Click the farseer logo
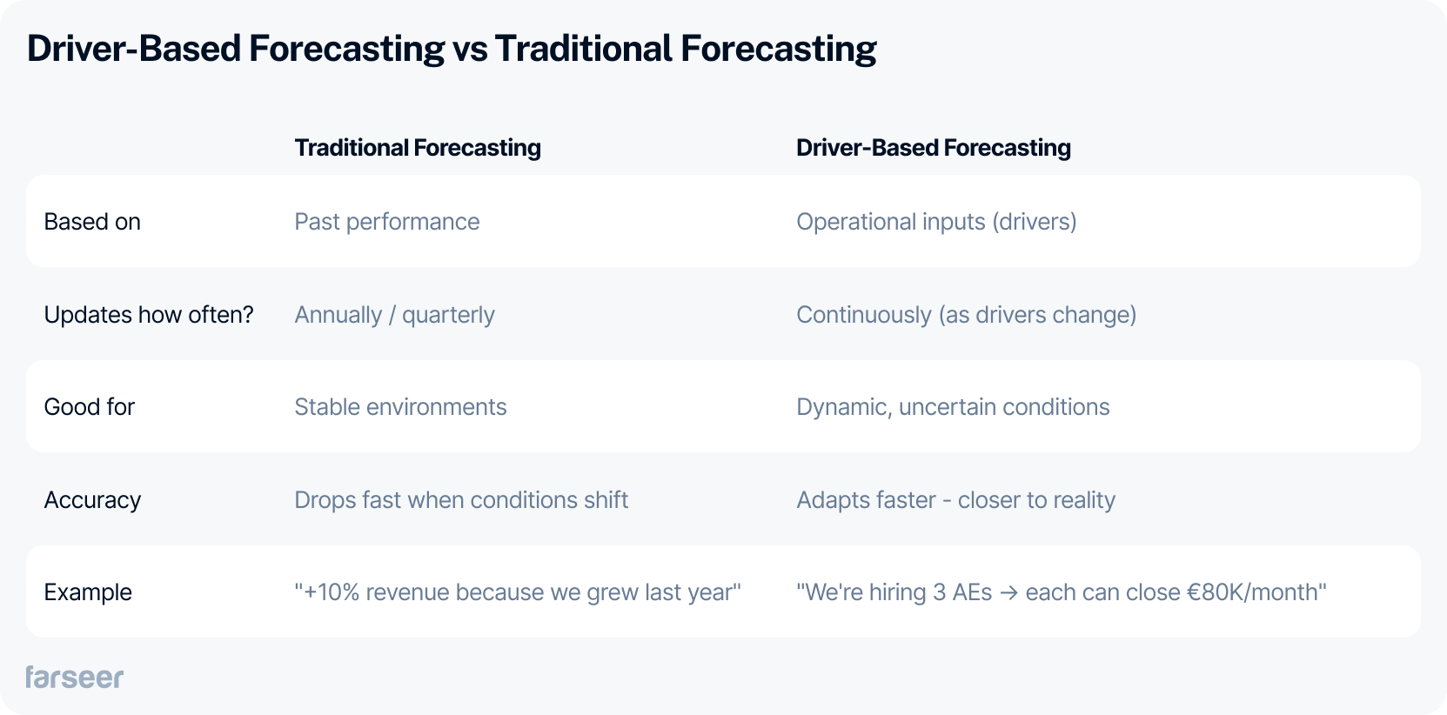pos(75,678)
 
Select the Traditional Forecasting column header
pos(418,148)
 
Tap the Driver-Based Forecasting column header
pos(933,148)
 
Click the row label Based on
pos(92,222)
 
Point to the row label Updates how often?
pos(149,315)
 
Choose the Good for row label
pos(90,407)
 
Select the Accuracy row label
pos(92,500)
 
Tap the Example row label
pos(88,592)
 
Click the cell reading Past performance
pos(386,222)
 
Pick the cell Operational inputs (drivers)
pos(936,222)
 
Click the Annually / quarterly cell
pos(394,315)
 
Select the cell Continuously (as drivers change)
pos(966,315)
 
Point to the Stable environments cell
pos(400,407)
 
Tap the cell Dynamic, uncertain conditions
pos(953,407)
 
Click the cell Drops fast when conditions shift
pos(461,500)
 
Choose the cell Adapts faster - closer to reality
pos(955,500)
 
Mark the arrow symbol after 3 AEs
pos(1008,593)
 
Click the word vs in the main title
pos(469,50)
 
